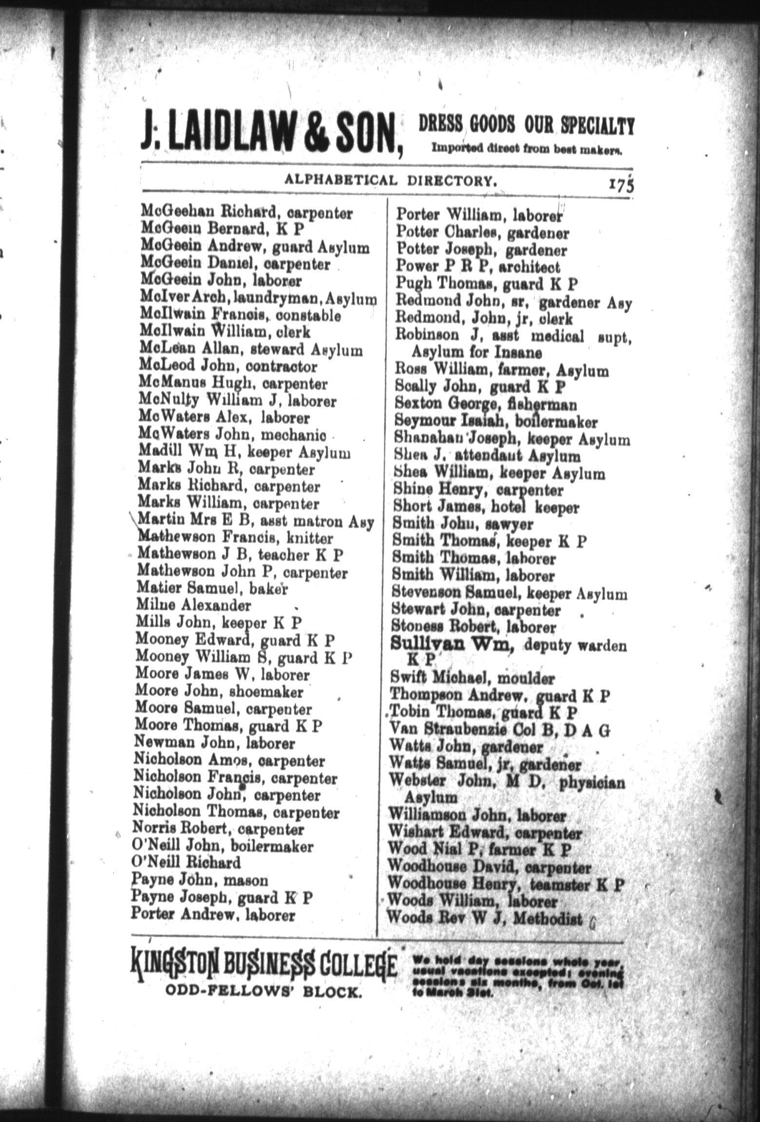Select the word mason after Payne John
248,880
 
